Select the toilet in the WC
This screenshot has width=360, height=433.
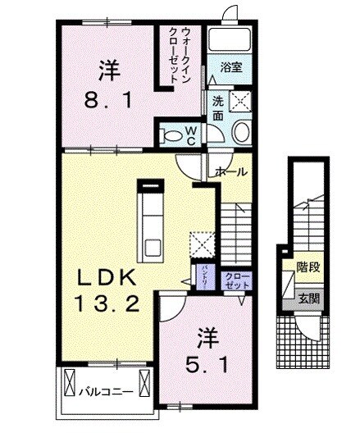tap(174, 132)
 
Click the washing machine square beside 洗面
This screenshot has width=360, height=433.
tap(239, 102)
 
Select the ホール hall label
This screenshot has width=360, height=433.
tap(232, 172)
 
